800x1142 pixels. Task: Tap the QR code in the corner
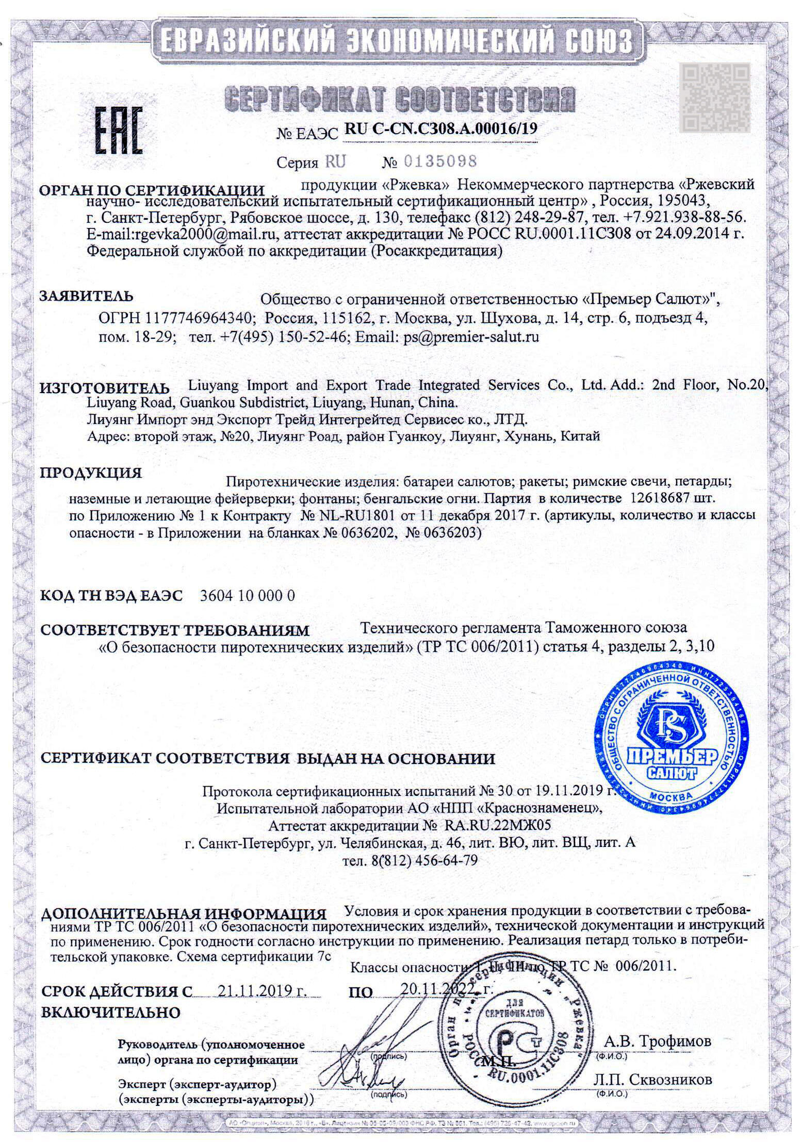[715, 97]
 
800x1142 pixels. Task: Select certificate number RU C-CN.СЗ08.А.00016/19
[440, 129]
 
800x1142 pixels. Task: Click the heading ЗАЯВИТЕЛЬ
[86, 297]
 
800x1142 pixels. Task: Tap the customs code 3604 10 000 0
[247, 596]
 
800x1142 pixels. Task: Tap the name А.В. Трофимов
[657, 1041]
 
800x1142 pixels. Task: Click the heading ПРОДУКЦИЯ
[91, 473]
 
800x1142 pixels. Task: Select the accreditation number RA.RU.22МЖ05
[497, 825]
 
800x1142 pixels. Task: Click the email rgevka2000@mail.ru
[206, 234]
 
